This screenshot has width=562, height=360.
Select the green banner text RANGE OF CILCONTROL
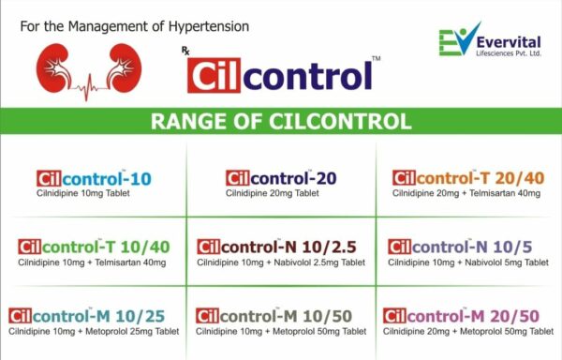point(281,122)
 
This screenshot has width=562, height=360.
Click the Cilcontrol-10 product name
point(94,178)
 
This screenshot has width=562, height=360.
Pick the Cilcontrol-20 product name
point(280,178)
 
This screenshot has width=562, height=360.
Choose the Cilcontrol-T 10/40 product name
point(94,247)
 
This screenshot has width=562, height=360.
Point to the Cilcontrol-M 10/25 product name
point(94,316)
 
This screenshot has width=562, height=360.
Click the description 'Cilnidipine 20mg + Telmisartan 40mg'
point(466,193)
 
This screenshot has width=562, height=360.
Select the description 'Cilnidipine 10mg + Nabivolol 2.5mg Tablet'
point(281,262)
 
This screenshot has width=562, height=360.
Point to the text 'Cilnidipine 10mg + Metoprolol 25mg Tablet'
point(94,331)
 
